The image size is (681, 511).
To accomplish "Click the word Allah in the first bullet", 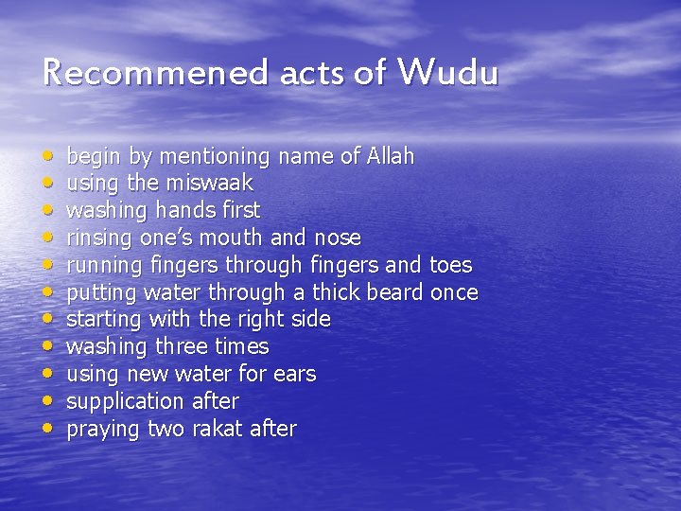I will click(x=390, y=155).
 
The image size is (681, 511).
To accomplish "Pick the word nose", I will click(x=338, y=237).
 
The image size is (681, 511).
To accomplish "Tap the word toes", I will click(x=450, y=264).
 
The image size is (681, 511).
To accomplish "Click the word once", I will click(x=454, y=291).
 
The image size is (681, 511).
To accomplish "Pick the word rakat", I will click(x=218, y=429).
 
